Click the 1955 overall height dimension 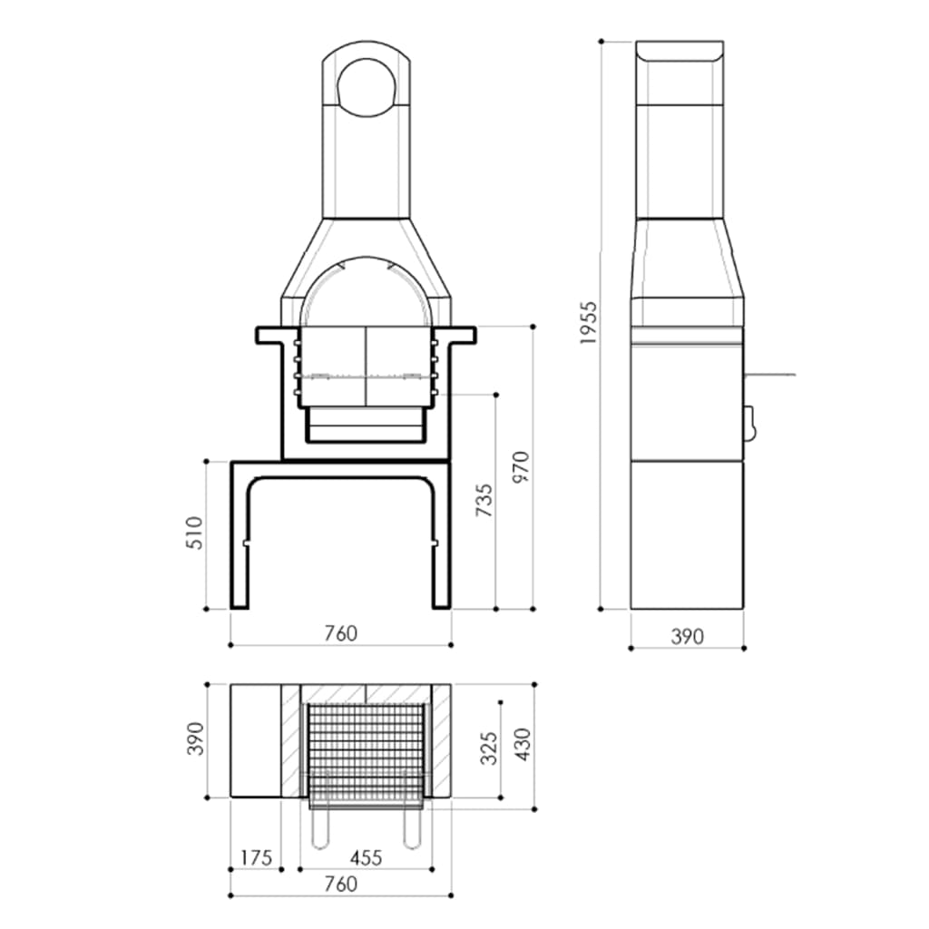pos(589,322)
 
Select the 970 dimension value pos(519,467)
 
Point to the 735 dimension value pos(484,502)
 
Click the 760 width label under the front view pos(340,633)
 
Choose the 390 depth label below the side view pos(687,637)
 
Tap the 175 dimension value pos(256,857)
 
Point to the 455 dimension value pos(366,857)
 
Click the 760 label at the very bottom pos(340,885)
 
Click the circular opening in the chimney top pos(367,88)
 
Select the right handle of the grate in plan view pos(412,827)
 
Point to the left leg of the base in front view pos(240,544)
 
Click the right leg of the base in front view pos(441,544)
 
